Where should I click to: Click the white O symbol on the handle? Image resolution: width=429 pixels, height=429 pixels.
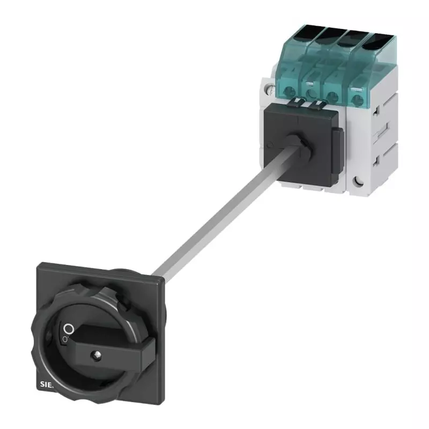[x=68, y=329]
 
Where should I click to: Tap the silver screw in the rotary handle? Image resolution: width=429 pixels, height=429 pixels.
[x=97, y=354]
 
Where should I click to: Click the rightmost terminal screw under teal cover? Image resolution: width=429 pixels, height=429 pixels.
[x=358, y=99]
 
